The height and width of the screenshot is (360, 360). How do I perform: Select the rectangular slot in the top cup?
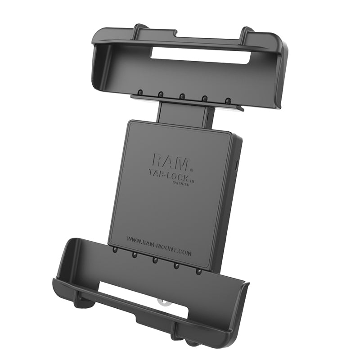pos(200,56)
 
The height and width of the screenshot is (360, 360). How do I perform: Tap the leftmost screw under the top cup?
pos(139,92)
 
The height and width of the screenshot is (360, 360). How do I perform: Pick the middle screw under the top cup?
pos(182,96)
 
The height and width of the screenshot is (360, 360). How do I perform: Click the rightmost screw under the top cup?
pos(228,100)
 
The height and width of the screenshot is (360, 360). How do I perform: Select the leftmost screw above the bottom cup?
pos(115,249)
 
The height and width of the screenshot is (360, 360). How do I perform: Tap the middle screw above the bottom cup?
pos(155,260)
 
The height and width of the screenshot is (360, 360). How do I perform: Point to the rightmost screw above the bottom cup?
pos(198,271)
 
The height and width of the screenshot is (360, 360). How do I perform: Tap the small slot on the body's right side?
pos(237,164)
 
